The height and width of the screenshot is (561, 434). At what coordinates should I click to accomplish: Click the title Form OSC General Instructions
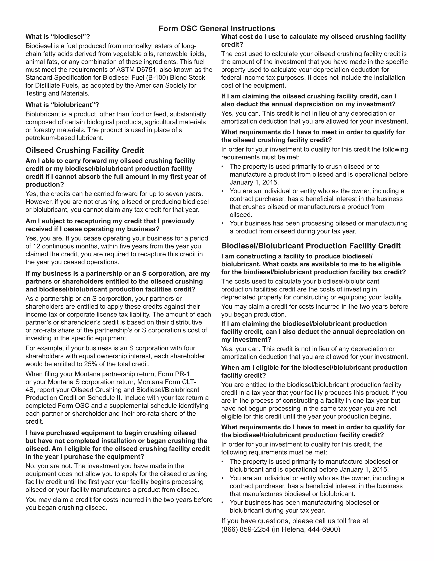[x=217, y=29]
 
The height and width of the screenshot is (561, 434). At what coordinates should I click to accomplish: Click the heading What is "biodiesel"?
[x=58, y=37]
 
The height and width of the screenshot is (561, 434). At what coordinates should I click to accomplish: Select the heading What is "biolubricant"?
[x=62, y=105]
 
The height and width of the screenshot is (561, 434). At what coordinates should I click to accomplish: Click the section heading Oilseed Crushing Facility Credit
[x=85, y=150]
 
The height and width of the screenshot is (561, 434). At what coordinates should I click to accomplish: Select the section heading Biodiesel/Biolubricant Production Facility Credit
[x=311, y=246]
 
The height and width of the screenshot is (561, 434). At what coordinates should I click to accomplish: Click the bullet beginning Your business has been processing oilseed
[x=318, y=224]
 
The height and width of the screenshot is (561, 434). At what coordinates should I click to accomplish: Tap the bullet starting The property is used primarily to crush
[x=305, y=167]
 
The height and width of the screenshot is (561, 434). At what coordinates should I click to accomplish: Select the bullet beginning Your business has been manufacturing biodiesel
[x=304, y=502]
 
